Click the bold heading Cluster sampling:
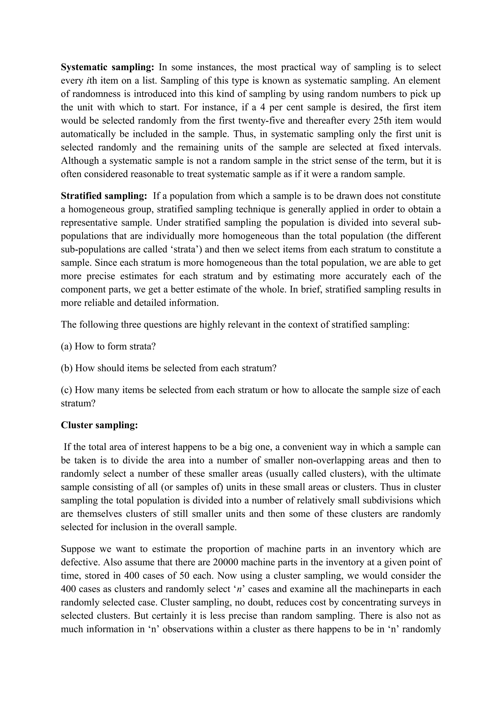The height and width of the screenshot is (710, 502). pyautogui.click(x=99, y=425)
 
